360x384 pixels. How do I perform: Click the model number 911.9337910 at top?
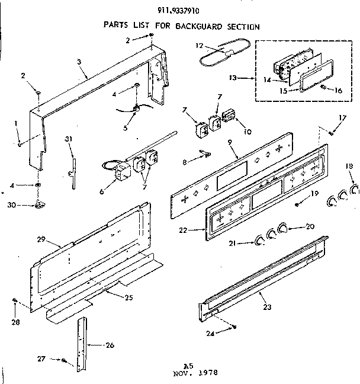point(180,9)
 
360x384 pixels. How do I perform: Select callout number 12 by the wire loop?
point(200,45)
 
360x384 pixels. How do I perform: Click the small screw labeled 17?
point(331,133)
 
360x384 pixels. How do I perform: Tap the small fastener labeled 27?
point(63,360)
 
